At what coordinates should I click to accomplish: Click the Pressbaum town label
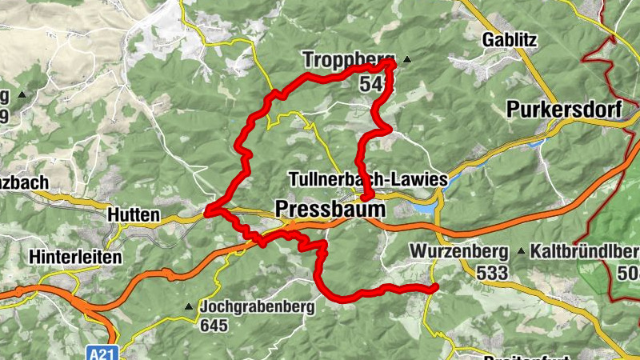coord(330,209)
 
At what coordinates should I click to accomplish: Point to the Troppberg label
coord(350,59)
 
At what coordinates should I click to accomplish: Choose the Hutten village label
coord(133,215)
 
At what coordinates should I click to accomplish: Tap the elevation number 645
coord(215,326)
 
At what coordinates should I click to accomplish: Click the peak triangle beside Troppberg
coord(408,59)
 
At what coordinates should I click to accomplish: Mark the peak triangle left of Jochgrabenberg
coord(190,306)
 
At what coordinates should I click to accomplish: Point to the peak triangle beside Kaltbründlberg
coord(522,252)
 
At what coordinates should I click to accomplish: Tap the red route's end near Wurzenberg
coord(434,287)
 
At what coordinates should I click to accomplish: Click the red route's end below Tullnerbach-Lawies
coord(366,196)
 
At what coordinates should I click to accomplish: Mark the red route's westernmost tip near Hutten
coord(207,212)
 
